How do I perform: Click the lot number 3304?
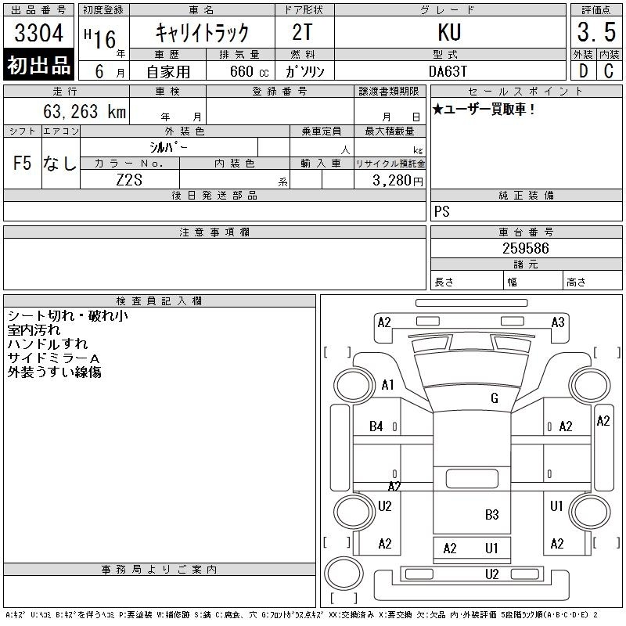pos(38,33)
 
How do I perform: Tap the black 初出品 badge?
pos(38,65)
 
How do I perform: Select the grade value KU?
pos(449,32)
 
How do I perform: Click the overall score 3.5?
pos(596,32)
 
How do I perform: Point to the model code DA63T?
pos(448,71)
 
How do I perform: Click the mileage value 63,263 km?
pos(85,111)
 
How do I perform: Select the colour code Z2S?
pos(129,180)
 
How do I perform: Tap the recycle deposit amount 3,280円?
pos(398,181)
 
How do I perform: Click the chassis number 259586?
pos(525,248)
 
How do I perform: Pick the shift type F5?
pos(23,163)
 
